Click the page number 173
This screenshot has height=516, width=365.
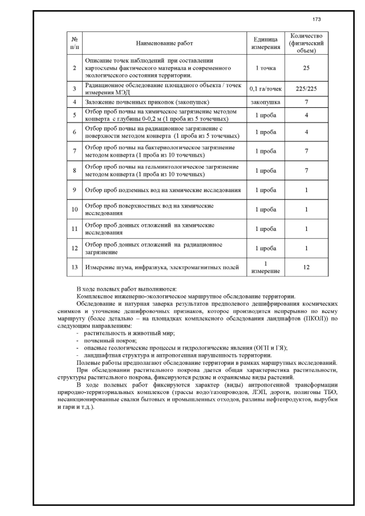click(x=317, y=19)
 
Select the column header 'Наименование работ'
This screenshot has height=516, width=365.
click(x=165, y=43)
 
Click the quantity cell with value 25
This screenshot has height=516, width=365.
click(x=306, y=68)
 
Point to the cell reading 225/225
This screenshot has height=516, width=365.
click(x=306, y=89)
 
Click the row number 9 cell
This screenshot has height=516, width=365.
click(x=75, y=190)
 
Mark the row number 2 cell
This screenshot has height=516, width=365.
click(x=75, y=68)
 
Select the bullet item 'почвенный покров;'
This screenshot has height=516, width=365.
click(x=109, y=340)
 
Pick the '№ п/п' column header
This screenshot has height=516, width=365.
click(x=75, y=43)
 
